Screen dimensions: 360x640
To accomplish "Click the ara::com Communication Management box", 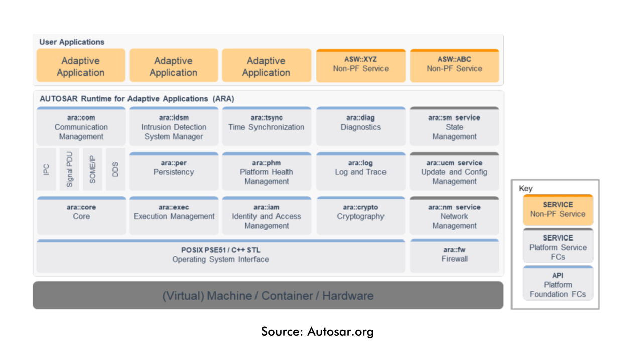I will [81, 127].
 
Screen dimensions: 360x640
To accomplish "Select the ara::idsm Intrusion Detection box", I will [173, 127].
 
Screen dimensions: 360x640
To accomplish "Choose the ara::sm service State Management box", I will [454, 127].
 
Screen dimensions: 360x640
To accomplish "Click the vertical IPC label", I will [46, 169].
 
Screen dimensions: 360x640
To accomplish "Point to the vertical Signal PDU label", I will [69, 169].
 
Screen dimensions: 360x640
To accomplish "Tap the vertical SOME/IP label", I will [92, 169].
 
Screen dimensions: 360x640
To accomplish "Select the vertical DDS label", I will [115, 169].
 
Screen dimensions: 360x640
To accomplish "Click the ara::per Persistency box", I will [173, 171].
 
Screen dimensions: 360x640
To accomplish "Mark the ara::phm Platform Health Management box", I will [266, 172].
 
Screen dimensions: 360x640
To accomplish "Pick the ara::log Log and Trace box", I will [360, 171].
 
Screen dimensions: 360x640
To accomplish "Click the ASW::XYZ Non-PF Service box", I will [360, 65].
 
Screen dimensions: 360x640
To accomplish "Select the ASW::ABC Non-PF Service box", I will [454, 65].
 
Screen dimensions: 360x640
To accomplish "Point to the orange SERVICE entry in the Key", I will [557, 210].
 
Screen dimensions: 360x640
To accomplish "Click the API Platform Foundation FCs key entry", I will [557, 284].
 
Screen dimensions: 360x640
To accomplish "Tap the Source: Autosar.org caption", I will [317, 332].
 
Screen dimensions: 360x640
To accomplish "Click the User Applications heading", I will [72, 42].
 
